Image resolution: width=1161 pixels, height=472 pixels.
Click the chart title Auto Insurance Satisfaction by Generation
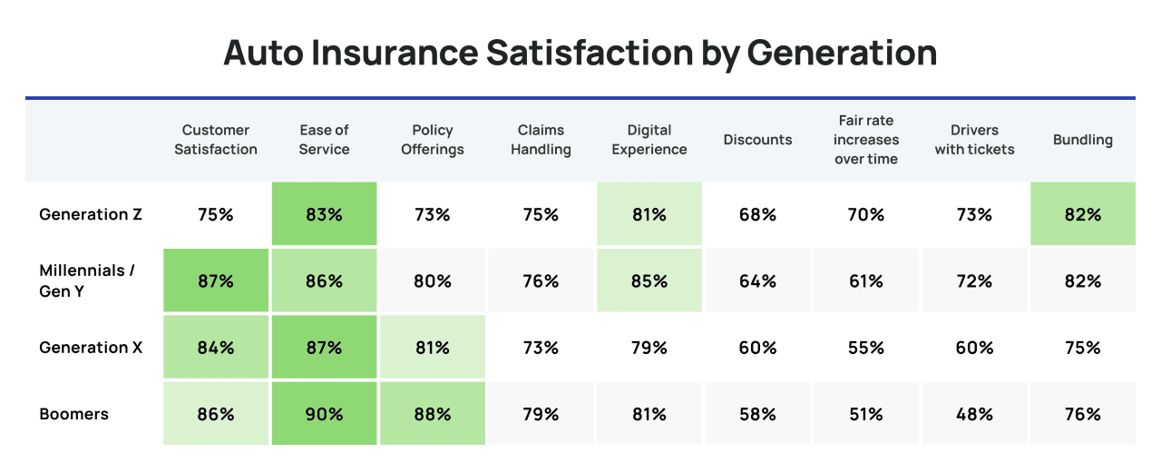click(580, 53)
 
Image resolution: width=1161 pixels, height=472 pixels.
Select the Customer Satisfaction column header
click(216, 140)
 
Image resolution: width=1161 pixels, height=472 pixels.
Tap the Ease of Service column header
click(324, 140)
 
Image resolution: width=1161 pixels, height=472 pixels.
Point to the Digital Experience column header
click(649, 140)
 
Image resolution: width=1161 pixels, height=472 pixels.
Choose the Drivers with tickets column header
click(974, 140)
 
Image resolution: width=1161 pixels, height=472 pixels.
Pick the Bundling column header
click(1082, 140)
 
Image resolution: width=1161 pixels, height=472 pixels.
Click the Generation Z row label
click(91, 215)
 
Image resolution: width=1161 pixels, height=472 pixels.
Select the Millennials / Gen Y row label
click(87, 280)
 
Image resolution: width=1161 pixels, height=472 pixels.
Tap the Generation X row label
click(91, 348)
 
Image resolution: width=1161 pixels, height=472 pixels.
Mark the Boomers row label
click(73, 414)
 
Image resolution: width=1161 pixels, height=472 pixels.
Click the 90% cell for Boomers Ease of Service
click(324, 414)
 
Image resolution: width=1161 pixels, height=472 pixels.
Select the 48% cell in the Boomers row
click(974, 414)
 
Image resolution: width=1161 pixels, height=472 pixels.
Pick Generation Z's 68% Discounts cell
click(757, 215)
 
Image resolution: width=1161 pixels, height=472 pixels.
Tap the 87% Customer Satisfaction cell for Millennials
click(216, 281)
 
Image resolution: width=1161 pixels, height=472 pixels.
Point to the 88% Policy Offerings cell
click(433, 414)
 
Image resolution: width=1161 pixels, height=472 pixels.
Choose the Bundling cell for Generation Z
click(1082, 215)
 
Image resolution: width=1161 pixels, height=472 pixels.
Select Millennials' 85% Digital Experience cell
click(649, 281)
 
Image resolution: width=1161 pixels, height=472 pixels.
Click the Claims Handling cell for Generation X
click(541, 348)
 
